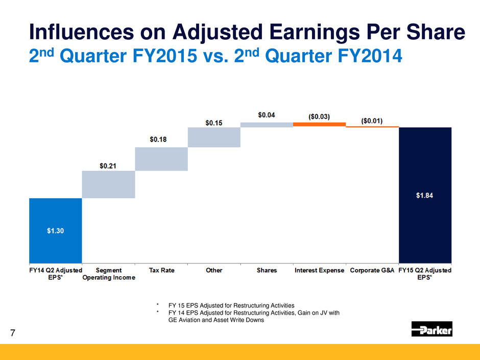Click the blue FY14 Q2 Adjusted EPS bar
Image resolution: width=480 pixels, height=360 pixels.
pos(56,230)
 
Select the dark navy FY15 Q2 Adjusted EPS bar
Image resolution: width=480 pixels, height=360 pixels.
pos(425,194)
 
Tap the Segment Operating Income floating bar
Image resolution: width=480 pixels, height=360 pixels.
pos(108,184)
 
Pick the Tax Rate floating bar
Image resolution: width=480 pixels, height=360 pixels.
pos(161,159)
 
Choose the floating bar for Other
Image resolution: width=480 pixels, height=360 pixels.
pos(214,137)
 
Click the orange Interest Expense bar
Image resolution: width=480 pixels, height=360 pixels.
pos(319,124)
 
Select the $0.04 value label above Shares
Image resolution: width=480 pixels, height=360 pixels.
pos(266,115)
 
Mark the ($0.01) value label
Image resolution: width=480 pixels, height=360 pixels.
pos(372,121)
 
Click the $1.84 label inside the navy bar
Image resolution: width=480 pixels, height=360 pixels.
pos(425,195)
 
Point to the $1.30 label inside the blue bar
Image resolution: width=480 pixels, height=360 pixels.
pos(56,230)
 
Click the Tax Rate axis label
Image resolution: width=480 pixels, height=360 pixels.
pos(161,270)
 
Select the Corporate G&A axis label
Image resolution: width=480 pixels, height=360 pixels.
pos(372,270)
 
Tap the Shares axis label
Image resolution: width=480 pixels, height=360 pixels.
pos(267,270)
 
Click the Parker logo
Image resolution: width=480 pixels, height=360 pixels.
pos(432,329)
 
